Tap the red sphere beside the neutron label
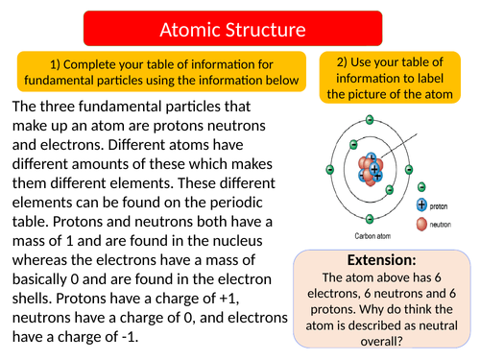click(x=421, y=226)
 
